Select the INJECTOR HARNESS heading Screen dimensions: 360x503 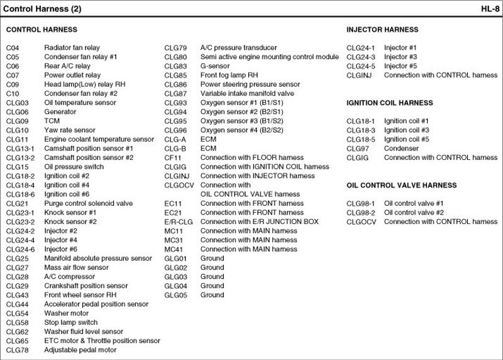pyautogui.click(x=382, y=30)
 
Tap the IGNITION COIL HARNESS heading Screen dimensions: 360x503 pyautogui.click(x=390, y=103)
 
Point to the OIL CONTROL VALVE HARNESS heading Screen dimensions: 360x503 pyautogui.click(x=402, y=186)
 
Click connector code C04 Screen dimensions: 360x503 pyautogui.click(x=13, y=48)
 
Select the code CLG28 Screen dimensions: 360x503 pyautogui.click(x=17, y=276)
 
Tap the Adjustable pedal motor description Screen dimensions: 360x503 pyautogui.click(x=80, y=349)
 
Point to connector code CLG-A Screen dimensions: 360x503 pyautogui.click(x=175, y=139)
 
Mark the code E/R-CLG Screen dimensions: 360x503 pyautogui.click(x=179, y=222)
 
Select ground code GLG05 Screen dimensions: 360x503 pyautogui.click(x=176, y=295)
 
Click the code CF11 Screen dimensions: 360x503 pyautogui.click(x=173, y=157)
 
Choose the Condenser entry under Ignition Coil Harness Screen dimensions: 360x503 pyautogui.click(x=401, y=149)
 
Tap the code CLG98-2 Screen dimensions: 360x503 pyautogui.click(x=360, y=213)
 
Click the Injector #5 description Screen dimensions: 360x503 pyautogui.click(x=400, y=66)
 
